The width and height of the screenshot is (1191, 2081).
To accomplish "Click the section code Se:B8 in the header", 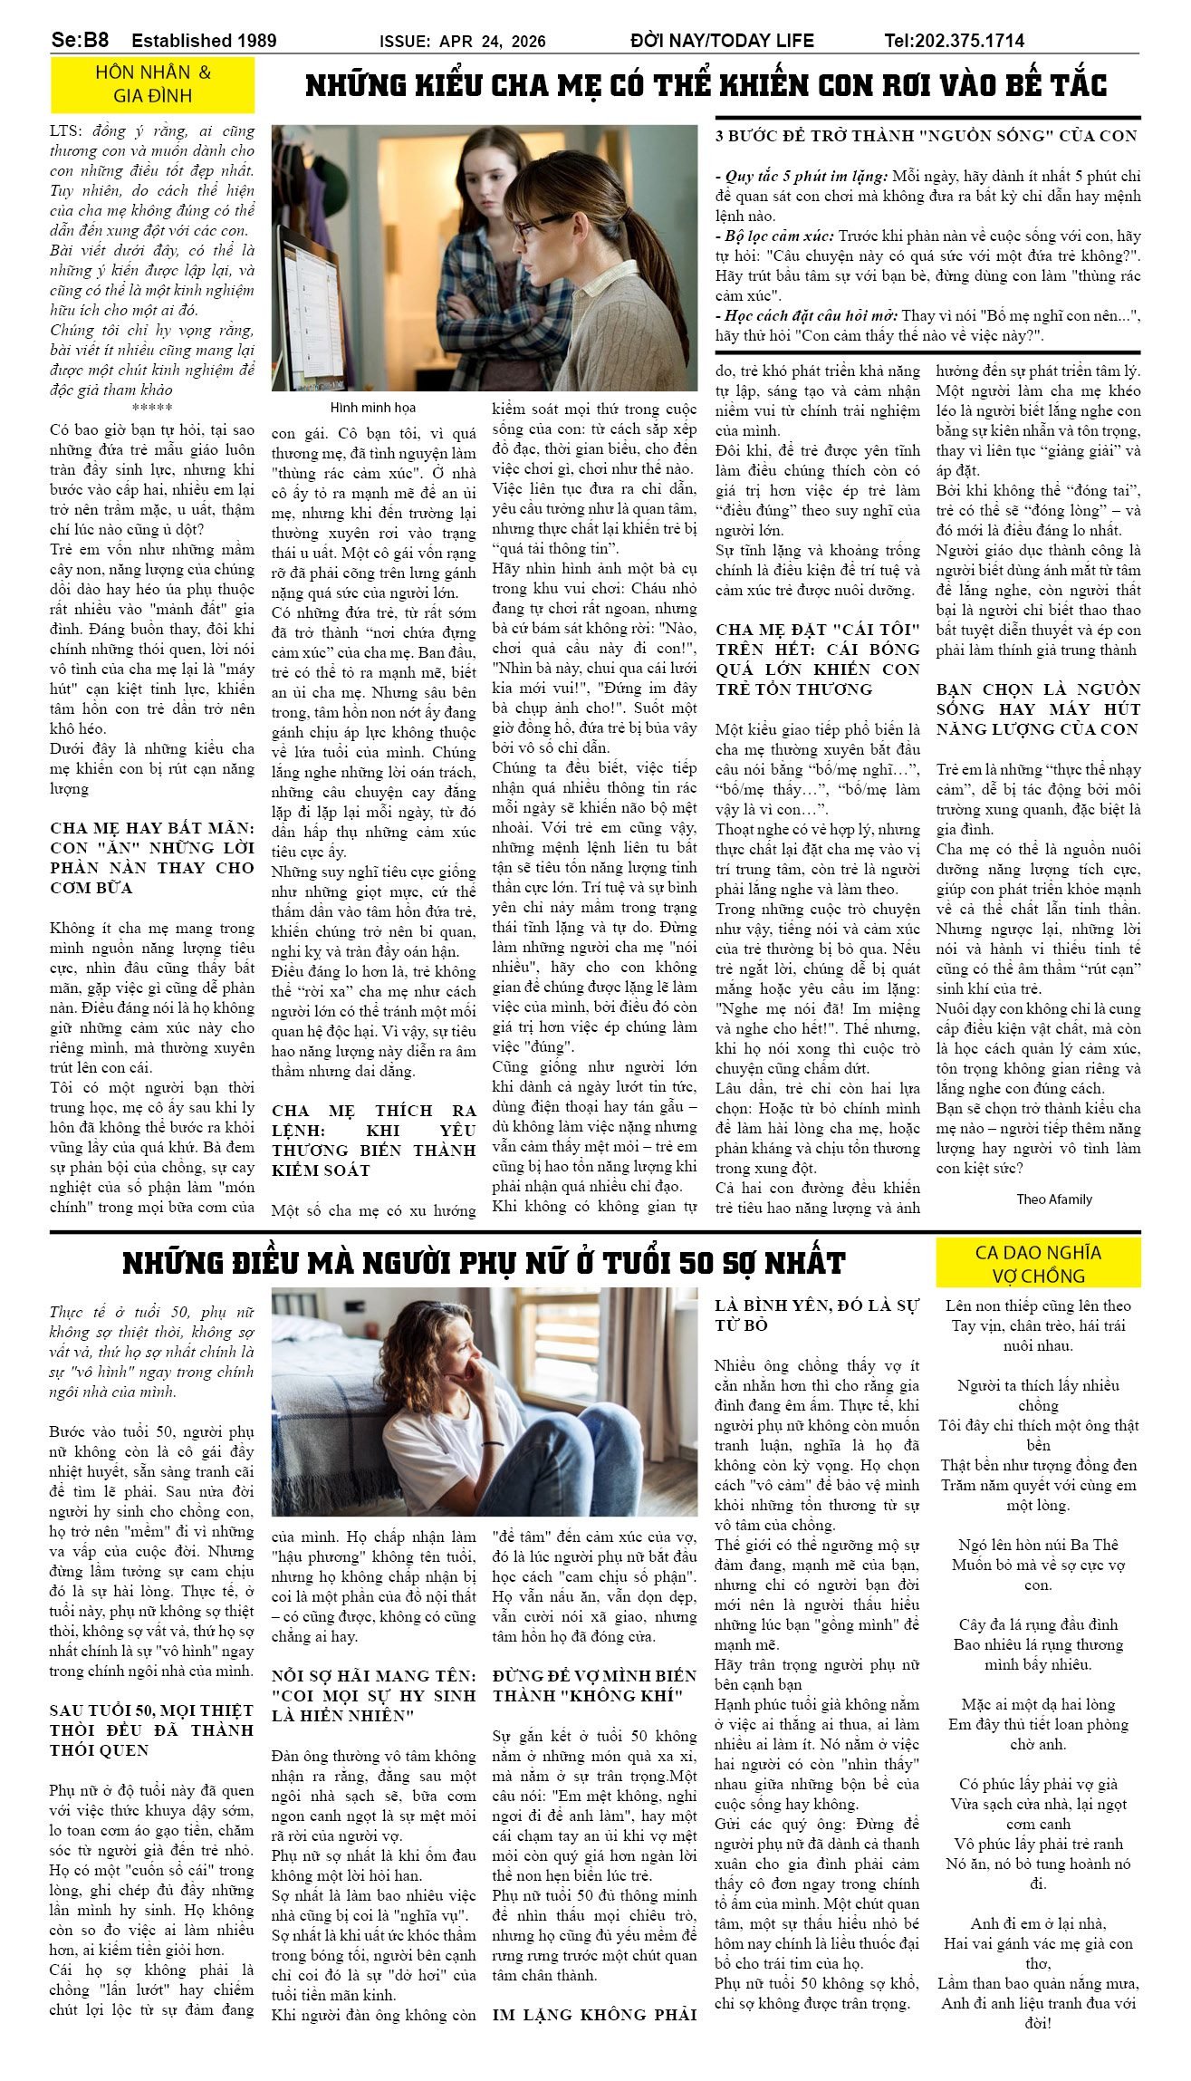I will click(x=80, y=40).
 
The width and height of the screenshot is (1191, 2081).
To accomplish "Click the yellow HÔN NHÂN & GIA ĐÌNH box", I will click(x=152, y=84).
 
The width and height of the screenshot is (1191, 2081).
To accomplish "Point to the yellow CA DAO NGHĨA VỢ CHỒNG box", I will click(x=1037, y=1264).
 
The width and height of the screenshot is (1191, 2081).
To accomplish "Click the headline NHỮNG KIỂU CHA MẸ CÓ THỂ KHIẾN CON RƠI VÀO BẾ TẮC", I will click(x=706, y=86).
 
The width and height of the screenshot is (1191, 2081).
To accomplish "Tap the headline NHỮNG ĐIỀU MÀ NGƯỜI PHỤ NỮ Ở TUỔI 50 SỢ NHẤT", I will click(x=484, y=1263).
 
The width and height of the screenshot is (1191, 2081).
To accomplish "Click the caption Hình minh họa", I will click(x=372, y=408).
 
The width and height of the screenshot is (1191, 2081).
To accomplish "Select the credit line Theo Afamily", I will click(x=1053, y=1199).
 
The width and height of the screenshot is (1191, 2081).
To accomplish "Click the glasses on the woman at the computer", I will click(x=540, y=226).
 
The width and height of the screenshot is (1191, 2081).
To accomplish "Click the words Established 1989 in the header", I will click(x=204, y=41).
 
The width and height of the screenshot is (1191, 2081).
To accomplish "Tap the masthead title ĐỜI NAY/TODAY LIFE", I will click(x=722, y=41).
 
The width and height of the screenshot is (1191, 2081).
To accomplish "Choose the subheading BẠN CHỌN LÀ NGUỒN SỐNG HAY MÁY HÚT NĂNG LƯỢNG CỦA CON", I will click(x=1038, y=709).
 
